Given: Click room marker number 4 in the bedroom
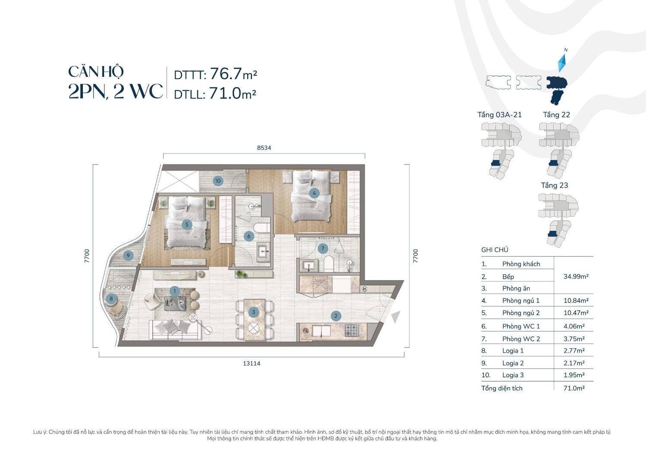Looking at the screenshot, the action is click(314, 193).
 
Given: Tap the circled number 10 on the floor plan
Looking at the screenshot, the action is click(218, 181).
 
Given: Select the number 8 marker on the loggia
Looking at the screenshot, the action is click(111, 299).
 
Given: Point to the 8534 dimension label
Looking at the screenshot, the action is click(264, 148).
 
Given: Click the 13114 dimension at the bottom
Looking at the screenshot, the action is click(252, 363).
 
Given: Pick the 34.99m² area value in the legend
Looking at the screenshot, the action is click(576, 276).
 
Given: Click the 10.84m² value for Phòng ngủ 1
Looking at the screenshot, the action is click(576, 300).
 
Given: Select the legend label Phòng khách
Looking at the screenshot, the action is click(521, 264).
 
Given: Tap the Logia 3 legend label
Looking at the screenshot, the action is click(513, 375).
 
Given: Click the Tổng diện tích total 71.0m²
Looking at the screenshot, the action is click(574, 388).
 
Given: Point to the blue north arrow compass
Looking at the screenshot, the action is click(561, 64).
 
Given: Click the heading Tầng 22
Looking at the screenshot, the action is click(556, 115).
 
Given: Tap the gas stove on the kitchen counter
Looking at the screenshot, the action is click(351, 330).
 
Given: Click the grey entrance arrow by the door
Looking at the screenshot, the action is click(396, 317).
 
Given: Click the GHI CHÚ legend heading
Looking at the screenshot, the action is click(495, 250).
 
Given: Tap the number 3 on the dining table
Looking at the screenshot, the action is click(253, 312).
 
